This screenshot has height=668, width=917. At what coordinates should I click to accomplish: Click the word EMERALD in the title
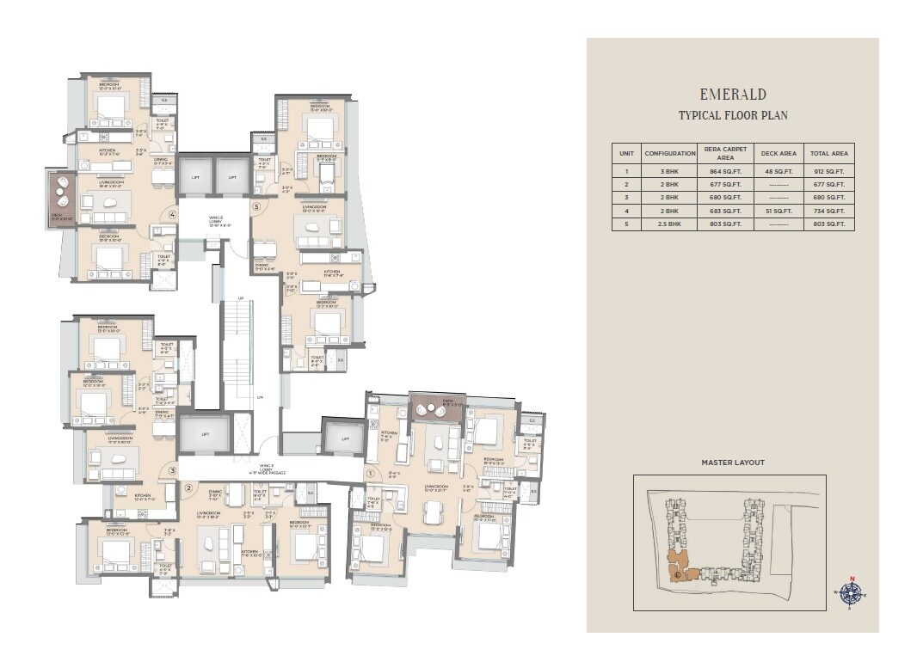[x=733, y=95]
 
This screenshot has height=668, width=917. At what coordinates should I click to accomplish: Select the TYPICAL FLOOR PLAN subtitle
[x=733, y=115]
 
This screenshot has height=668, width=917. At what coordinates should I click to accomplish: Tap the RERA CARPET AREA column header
[x=725, y=153]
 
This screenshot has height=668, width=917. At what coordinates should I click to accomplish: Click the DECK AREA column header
[x=779, y=153]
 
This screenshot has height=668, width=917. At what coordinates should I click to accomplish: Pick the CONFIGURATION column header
[x=669, y=153]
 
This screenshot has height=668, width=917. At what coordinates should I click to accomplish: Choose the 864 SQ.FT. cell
[x=725, y=172]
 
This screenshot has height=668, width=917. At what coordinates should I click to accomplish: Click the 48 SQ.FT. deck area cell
[x=779, y=172]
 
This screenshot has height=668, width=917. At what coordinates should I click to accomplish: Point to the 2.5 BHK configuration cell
[x=669, y=224]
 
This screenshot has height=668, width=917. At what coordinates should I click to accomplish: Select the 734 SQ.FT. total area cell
[x=829, y=211]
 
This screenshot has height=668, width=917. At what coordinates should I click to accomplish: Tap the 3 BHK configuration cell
[x=669, y=172]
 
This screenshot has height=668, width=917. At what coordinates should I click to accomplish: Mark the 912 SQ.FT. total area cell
[x=829, y=172]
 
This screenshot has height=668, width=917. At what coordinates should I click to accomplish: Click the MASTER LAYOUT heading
[x=733, y=463]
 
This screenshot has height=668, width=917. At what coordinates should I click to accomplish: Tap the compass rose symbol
[x=852, y=592]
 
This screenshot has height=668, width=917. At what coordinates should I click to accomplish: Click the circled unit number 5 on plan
[x=255, y=206]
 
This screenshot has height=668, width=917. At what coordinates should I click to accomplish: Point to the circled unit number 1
[x=371, y=473]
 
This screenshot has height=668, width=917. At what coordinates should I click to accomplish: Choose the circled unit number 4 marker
[x=173, y=215]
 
